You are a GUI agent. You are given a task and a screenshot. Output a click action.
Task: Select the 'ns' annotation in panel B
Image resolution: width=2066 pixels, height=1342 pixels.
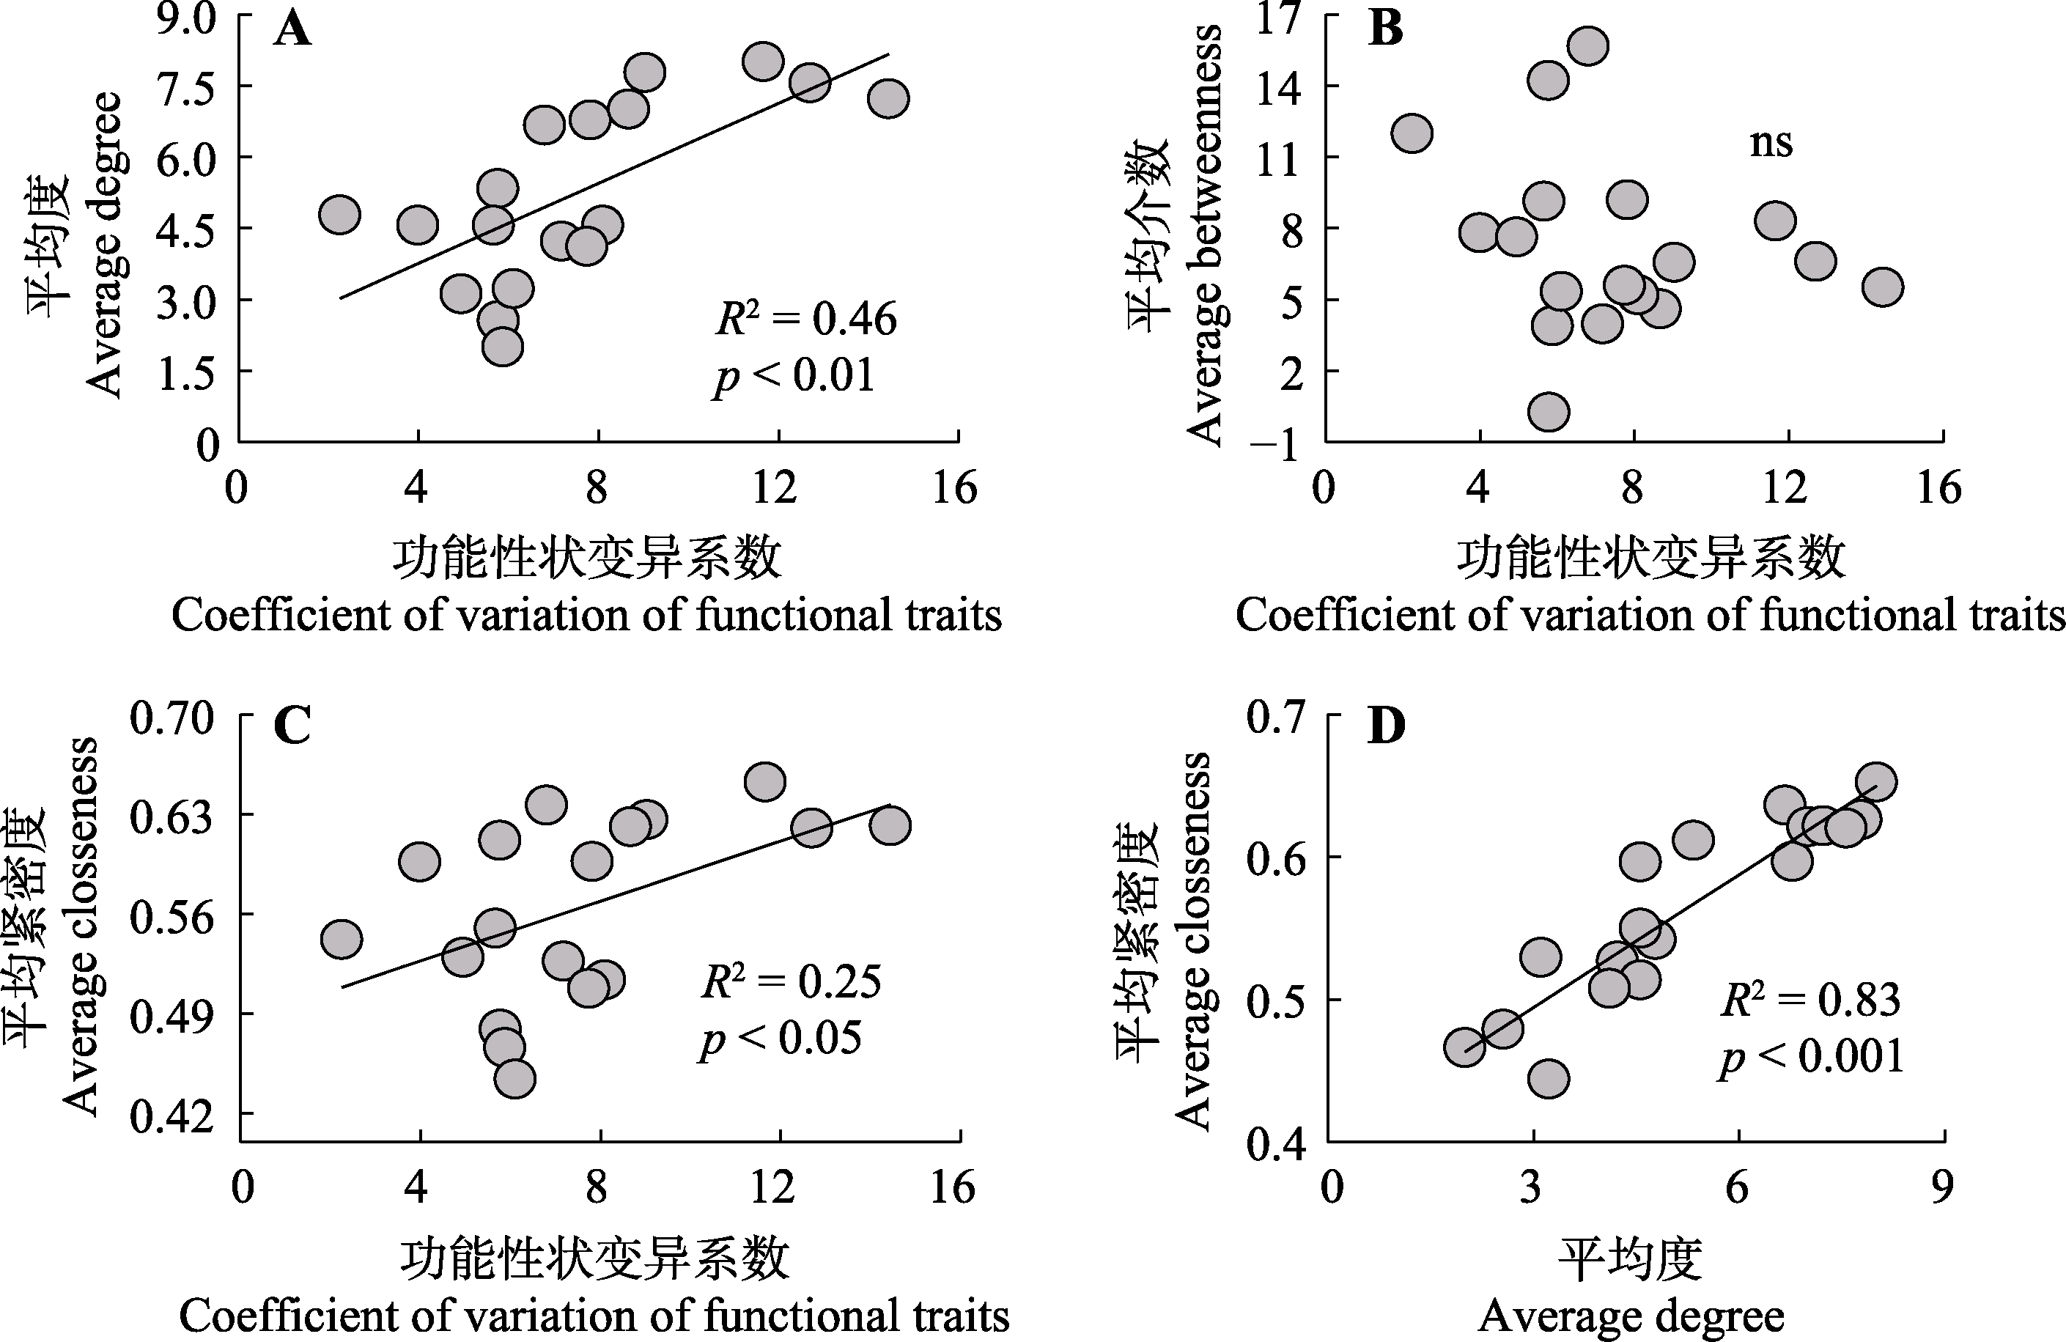pyautogui.click(x=1771, y=142)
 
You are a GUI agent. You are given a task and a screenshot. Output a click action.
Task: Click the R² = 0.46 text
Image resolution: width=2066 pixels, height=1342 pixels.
pyautogui.click(x=806, y=319)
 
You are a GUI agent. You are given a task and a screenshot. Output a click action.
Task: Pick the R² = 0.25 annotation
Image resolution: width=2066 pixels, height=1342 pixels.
pyautogui.click(x=791, y=981)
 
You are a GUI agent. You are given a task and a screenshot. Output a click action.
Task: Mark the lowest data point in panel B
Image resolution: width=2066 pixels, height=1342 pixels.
pyautogui.click(x=1549, y=411)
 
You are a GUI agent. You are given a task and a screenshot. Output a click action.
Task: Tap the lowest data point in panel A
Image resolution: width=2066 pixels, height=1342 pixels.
pyautogui.click(x=503, y=347)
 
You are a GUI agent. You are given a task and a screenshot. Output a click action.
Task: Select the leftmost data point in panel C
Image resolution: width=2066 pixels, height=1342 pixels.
pyautogui.click(x=341, y=939)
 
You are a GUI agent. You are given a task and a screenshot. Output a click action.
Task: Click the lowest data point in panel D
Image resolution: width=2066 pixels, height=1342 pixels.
pyautogui.click(x=1549, y=1079)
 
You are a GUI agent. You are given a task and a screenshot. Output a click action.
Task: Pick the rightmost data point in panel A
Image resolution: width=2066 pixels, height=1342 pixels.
pyautogui.click(x=888, y=98)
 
